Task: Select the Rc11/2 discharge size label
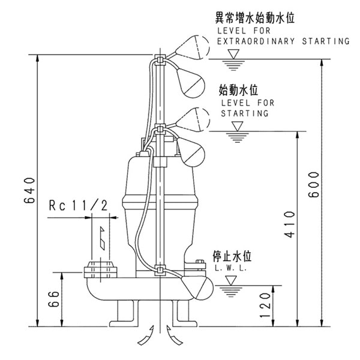[x=77, y=206]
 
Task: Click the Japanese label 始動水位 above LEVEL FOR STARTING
[x=238, y=90]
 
